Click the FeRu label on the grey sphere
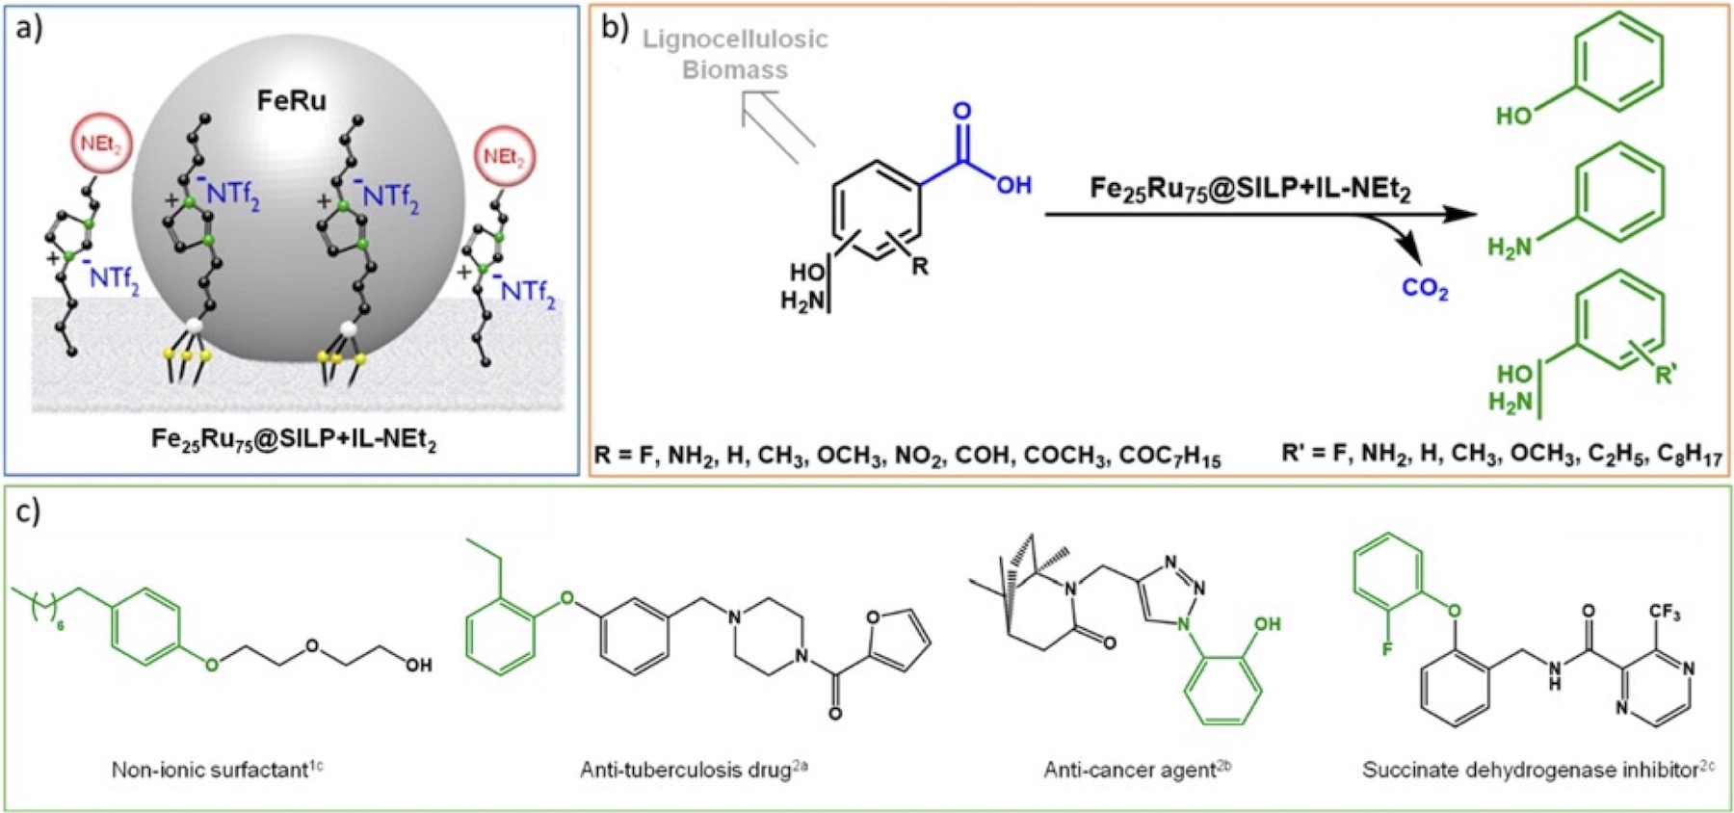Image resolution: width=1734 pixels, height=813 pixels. pos(291,100)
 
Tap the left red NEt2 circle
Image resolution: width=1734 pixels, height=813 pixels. pos(101,145)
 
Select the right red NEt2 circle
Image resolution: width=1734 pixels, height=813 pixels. pos(504,157)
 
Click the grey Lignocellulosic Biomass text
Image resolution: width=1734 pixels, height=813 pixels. pos(735,54)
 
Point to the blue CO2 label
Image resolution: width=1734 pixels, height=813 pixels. pos(1425,288)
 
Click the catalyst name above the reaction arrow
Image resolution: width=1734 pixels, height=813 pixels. pos(1250,189)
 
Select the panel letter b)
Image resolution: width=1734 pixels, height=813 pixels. pos(615,27)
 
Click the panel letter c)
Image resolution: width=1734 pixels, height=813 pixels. pos(29,511)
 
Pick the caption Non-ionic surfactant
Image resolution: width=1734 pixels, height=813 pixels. pos(217,769)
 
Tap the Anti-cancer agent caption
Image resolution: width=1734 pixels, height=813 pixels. pos(1137,769)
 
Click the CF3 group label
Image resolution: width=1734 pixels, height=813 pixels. pos(1664,613)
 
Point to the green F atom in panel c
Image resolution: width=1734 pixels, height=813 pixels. pos(1387,649)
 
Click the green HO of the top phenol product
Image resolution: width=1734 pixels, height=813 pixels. pos(1514,117)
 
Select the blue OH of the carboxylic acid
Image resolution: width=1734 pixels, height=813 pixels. pos(1013,184)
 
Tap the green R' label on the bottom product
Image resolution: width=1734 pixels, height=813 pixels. pos(1665,375)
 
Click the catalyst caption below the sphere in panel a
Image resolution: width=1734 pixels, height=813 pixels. pos(293,439)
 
